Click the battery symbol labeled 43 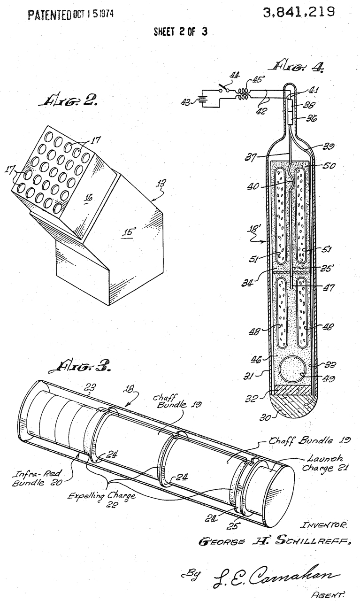pos(205,101)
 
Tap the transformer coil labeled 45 pos(243,94)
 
